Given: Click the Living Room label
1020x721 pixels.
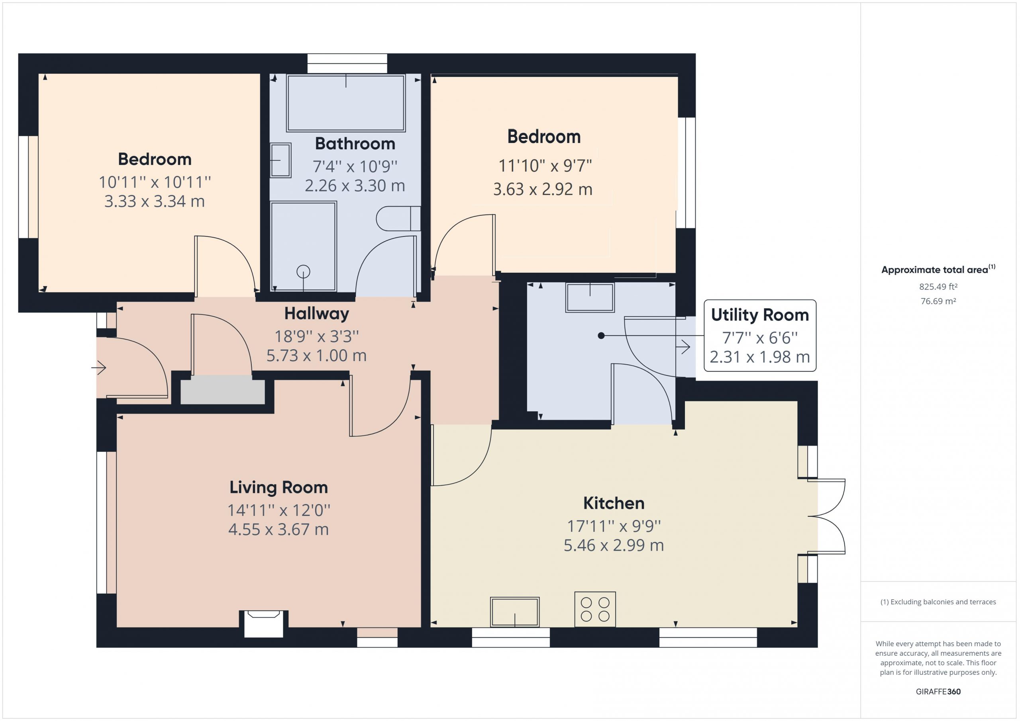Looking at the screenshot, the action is pyautogui.click(x=279, y=487).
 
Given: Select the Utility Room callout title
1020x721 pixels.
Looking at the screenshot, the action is pyautogui.click(x=760, y=315).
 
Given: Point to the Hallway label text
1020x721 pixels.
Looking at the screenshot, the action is pyautogui.click(x=316, y=314).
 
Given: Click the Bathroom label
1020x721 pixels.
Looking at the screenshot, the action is pyautogui.click(x=355, y=144).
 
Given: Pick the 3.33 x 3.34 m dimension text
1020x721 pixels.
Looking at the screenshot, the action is pyautogui.click(x=155, y=201).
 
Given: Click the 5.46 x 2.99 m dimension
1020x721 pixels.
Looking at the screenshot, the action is pyautogui.click(x=614, y=545).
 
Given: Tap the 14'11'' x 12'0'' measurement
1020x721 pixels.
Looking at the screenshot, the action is pyautogui.click(x=279, y=510).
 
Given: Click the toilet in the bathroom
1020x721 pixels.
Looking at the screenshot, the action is pyautogui.click(x=398, y=219).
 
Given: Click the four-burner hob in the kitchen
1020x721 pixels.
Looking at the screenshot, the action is pyautogui.click(x=595, y=609).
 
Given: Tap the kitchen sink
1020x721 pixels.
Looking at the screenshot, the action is pyautogui.click(x=515, y=612).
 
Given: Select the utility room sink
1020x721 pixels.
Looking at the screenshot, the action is pyautogui.click(x=590, y=297).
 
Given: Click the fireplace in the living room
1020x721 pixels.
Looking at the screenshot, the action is pyautogui.click(x=263, y=624).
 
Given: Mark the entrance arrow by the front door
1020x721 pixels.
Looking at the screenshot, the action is pyautogui.click(x=99, y=367).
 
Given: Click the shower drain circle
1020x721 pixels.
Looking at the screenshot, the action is pyautogui.click(x=304, y=271).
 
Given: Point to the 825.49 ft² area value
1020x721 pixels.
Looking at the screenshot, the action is pyautogui.click(x=938, y=287).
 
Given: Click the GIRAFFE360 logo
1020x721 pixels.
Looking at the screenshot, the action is pyautogui.click(x=938, y=691).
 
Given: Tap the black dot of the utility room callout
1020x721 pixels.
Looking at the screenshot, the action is pyautogui.click(x=601, y=336).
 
